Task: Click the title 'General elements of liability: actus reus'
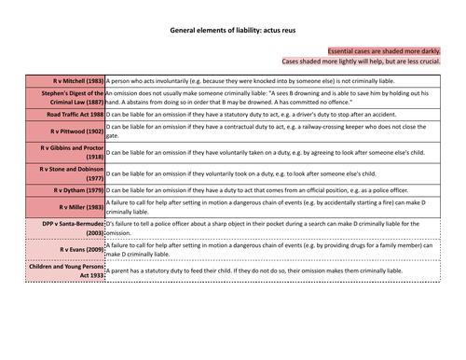pos(232,30)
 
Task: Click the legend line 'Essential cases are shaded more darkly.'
pos(392,49)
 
